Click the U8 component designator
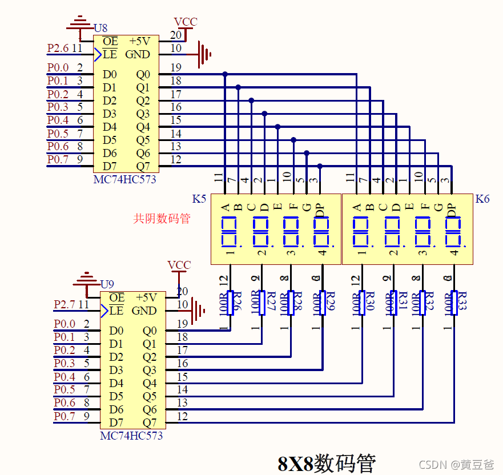pos(100,27)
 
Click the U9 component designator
pos(107,284)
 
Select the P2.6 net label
pos(58,49)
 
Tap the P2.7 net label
pos(65,305)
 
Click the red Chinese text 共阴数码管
pos(162,218)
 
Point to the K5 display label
pos(199,199)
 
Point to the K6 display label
pos(482,199)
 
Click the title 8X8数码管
pos(327,462)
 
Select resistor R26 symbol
pos(231,303)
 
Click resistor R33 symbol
pos(454,303)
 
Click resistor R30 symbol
pos(362,303)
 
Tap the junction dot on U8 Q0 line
pos(225,74)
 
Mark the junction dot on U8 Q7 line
pos(320,166)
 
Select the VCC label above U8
pos(186,22)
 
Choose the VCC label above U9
pos(179,265)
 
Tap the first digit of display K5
pos(230,232)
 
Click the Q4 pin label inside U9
pos(150,383)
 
